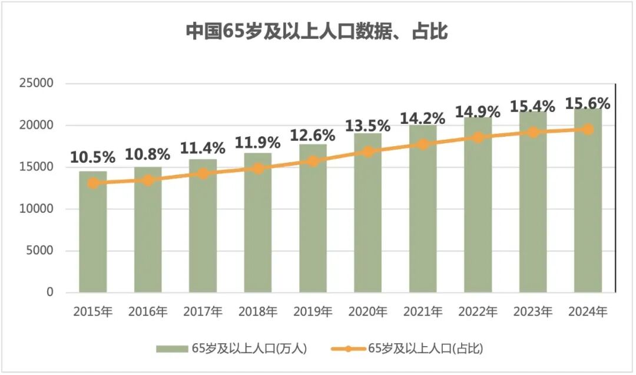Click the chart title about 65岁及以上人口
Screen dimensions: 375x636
tap(317, 31)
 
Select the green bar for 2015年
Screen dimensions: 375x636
tap(93, 236)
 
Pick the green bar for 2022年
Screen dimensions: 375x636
tap(478, 212)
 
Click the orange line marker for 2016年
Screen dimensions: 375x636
tap(148, 180)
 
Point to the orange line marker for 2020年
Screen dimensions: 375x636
tap(368, 152)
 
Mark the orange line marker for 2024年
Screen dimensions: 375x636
tap(588, 129)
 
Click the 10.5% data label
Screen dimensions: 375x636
tap(92, 157)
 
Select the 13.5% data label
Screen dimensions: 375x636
tap(368, 126)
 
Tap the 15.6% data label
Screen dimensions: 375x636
tap(587, 103)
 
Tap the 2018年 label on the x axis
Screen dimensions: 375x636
tap(258, 311)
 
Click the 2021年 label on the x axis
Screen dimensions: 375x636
tap(423, 311)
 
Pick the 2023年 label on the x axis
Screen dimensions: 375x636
tap(532, 311)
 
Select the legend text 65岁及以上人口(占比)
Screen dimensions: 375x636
tap(425, 348)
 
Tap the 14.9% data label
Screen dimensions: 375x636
tap(478, 111)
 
